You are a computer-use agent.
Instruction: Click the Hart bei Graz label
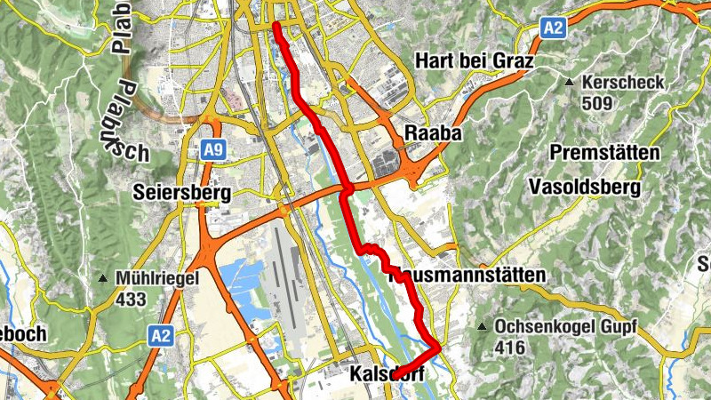tap(474, 62)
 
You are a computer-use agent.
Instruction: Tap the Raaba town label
tap(434, 132)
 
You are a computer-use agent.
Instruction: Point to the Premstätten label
tap(605, 153)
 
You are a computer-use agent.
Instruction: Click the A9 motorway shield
tap(212, 149)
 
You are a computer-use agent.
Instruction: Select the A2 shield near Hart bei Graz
tap(553, 28)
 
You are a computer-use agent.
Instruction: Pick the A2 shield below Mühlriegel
tap(160, 335)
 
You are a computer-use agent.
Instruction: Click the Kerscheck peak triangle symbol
tap(570, 83)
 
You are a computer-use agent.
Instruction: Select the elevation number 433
tap(131, 300)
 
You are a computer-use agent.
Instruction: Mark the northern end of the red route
tap(276, 25)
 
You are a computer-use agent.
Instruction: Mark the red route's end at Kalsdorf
tap(394, 375)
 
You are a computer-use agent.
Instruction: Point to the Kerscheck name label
tap(612, 83)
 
